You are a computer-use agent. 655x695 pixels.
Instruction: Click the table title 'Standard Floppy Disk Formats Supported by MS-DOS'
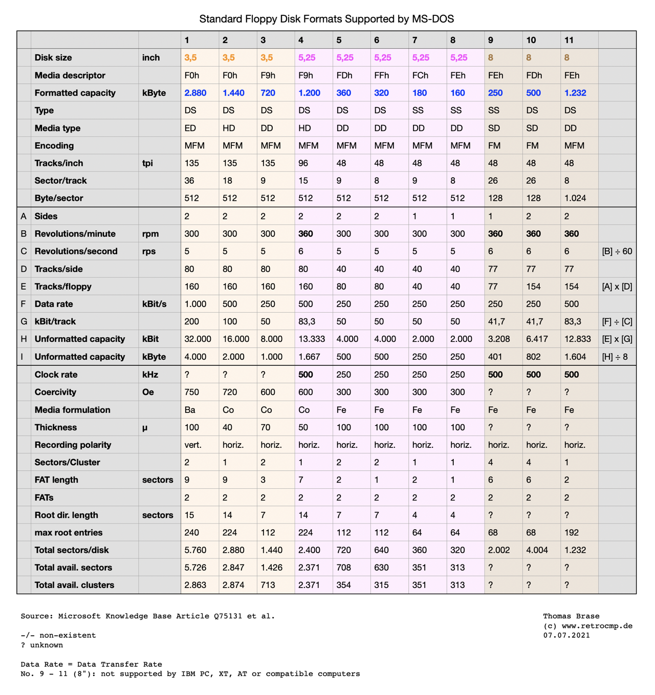tap(326, 19)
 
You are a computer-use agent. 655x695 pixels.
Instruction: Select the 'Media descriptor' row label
tap(70, 75)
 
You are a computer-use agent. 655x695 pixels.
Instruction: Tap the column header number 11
tap(569, 40)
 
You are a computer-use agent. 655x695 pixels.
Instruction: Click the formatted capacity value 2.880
tap(195, 93)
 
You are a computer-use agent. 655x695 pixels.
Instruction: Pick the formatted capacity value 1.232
tap(575, 93)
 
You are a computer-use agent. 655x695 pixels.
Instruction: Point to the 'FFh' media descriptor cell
tap(381, 75)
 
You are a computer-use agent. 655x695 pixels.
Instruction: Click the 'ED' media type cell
tap(190, 128)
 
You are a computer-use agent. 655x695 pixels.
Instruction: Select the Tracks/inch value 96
tap(304, 163)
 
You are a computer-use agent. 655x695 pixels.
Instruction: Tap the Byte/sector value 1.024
tap(575, 198)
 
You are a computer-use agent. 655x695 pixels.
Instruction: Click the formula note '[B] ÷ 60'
tap(617, 251)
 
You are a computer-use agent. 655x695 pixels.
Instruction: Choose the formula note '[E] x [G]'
tap(617, 339)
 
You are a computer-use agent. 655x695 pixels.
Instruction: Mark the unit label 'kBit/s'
tap(154, 304)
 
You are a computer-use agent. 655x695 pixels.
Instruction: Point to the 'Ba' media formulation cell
tap(190, 410)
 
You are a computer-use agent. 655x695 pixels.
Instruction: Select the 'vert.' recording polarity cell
tap(192, 445)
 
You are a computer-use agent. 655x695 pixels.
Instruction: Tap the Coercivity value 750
tap(191, 392)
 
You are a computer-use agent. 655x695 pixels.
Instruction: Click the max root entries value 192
tap(572, 532)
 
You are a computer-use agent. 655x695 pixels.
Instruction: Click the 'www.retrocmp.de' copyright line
tap(587, 626)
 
